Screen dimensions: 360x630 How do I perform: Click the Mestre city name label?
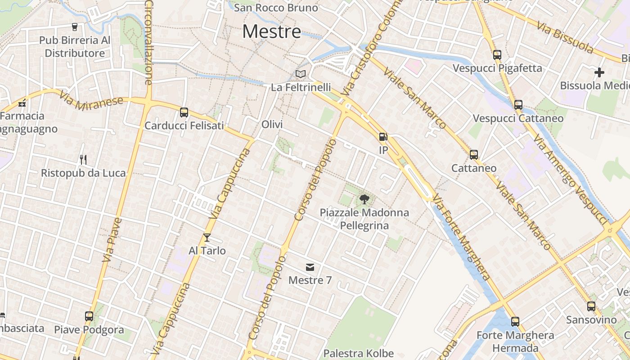tap(272, 31)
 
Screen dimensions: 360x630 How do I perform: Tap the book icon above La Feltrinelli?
tap(300, 74)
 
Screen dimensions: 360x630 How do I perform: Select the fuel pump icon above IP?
tap(383, 137)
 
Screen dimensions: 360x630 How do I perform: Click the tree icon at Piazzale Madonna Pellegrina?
tap(364, 199)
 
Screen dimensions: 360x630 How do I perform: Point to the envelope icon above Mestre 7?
tap(310, 267)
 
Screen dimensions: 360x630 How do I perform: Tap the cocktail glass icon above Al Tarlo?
tap(207, 237)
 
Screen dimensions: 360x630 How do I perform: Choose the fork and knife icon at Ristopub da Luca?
tap(83, 159)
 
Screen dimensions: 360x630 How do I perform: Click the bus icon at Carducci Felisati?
tap(184, 112)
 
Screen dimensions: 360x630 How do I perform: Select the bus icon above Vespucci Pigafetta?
tap(497, 55)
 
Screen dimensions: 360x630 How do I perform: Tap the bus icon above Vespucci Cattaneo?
tap(518, 105)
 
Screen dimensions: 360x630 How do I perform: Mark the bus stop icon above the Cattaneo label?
tap(474, 155)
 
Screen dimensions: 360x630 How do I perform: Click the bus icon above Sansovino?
tap(591, 306)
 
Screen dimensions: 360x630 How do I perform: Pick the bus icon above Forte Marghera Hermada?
tap(515, 322)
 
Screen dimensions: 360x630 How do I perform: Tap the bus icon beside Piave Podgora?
tap(89, 316)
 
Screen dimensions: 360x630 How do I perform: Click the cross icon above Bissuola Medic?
tap(599, 72)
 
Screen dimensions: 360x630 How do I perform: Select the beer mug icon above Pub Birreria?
tap(75, 27)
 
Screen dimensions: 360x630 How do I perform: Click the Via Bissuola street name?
tap(565, 36)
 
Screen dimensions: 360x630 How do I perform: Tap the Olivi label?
tap(272, 124)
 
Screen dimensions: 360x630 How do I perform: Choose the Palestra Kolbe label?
tap(359, 354)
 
